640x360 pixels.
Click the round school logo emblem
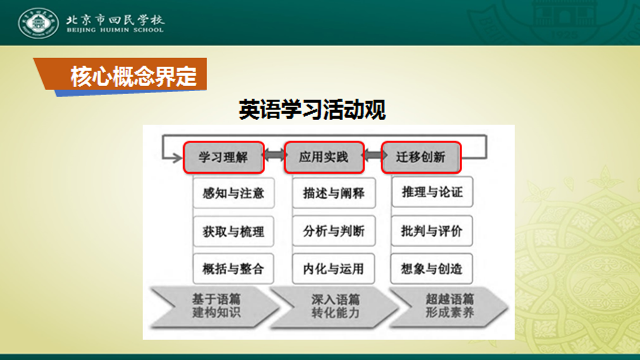(x=38, y=23)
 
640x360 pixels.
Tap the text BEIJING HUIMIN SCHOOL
(x=115, y=30)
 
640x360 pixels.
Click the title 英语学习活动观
(x=312, y=109)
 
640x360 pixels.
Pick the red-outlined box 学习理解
(x=224, y=157)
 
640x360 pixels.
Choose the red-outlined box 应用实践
(x=324, y=157)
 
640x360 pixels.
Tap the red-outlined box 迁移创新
(x=421, y=157)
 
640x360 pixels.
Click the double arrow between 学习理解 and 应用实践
(x=274, y=155)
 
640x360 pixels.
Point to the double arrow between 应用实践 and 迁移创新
(x=373, y=155)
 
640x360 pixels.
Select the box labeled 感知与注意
(x=234, y=192)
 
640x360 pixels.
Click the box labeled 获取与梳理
(x=234, y=231)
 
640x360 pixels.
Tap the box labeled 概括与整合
(x=233, y=269)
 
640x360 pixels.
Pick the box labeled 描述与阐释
(x=334, y=192)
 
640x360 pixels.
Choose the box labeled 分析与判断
(x=334, y=231)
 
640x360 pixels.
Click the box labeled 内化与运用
(x=334, y=269)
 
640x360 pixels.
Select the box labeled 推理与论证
(x=432, y=192)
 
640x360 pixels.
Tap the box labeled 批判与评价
(x=432, y=231)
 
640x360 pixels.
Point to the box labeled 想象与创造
(x=431, y=269)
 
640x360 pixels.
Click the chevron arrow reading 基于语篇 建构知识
(x=214, y=306)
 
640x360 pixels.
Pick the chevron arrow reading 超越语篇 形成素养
(x=449, y=306)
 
